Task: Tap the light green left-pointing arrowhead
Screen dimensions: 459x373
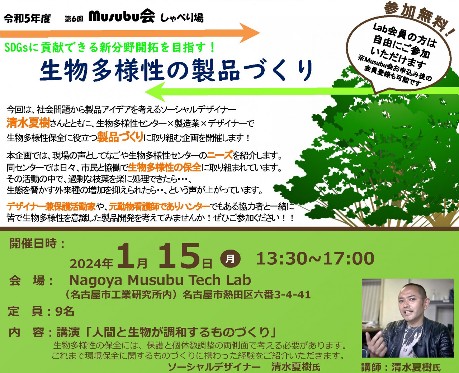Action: (x=155, y=92)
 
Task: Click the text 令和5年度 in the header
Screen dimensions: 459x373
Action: (x=27, y=19)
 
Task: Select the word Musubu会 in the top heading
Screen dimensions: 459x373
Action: (x=122, y=17)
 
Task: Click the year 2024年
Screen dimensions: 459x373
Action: (x=91, y=264)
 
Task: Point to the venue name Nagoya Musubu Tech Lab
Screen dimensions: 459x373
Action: (x=160, y=280)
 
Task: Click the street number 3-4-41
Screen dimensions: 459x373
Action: (x=292, y=294)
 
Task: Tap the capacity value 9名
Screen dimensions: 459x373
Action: (x=65, y=312)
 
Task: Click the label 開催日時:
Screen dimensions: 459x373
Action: (x=37, y=244)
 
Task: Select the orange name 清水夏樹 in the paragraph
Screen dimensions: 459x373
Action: (x=28, y=123)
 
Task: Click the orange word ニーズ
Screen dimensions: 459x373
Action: (x=219, y=155)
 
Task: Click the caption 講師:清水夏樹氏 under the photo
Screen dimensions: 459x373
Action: (x=401, y=367)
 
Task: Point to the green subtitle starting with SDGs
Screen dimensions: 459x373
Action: (x=109, y=48)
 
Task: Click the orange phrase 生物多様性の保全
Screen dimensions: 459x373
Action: (x=165, y=167)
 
